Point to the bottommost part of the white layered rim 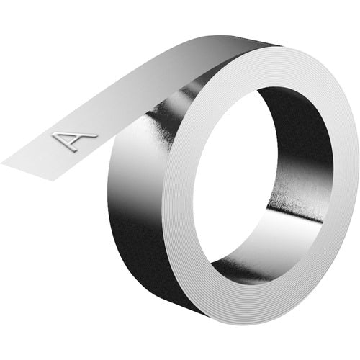(238, 320)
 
